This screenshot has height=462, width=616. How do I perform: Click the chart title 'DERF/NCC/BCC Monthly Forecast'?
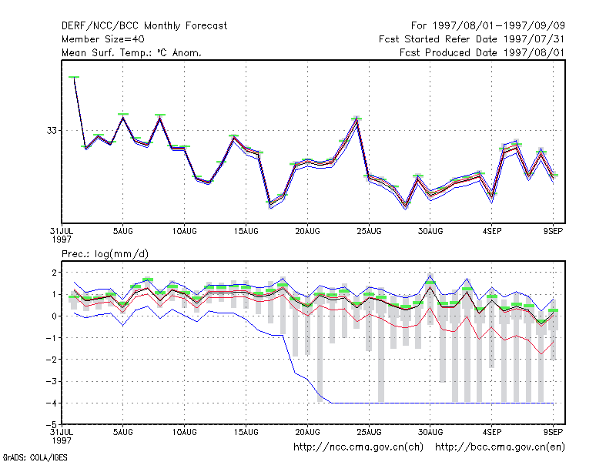144,26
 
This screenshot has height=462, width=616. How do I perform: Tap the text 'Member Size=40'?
103,39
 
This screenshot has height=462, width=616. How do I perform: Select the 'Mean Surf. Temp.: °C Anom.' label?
132,52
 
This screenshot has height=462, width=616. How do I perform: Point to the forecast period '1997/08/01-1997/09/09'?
498,26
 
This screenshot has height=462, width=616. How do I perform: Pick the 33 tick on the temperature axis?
52,130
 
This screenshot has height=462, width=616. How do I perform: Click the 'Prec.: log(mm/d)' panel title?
105,254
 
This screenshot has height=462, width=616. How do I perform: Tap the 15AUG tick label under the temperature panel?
246,232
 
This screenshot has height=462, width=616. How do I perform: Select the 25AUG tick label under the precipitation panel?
369,432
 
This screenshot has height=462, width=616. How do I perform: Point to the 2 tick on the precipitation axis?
55,273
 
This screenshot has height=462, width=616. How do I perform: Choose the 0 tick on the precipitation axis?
55,316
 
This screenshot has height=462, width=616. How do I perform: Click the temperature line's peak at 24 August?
357,119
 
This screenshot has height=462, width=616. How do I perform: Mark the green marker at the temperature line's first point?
74,77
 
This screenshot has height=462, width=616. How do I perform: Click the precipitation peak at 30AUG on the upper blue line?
430,275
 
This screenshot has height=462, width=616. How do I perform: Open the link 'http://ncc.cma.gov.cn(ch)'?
358,447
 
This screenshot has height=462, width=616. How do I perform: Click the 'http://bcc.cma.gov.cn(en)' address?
500,447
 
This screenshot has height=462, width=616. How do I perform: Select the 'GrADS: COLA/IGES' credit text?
35,457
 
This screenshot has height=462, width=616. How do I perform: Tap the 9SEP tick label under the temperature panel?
553,232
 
